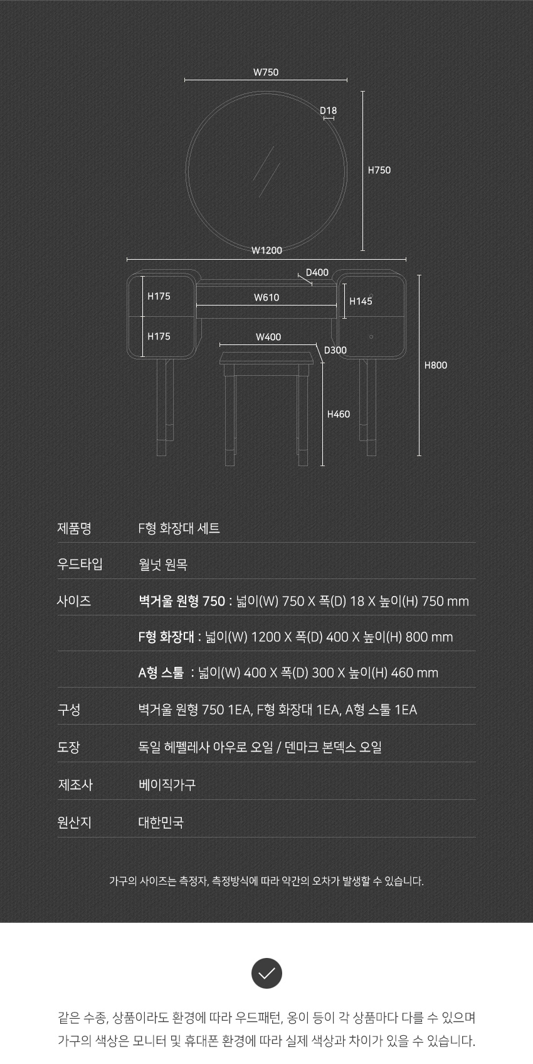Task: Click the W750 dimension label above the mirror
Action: point(266,72)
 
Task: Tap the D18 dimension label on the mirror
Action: point(328,110)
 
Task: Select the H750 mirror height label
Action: point(379,170)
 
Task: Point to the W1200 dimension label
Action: point(266,250)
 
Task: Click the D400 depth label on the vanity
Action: point(317,272)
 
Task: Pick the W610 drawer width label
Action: point(266,297)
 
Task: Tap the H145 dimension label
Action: point(361,301)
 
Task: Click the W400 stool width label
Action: point(268,337)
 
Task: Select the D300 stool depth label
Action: point(335,350)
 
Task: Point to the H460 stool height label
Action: point(339,414)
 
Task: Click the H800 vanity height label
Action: point(436,365)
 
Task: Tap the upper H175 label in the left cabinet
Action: point(159,296)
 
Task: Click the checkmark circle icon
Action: point(266,973)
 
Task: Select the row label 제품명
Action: point(74,528)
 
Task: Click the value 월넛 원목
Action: point(163,564)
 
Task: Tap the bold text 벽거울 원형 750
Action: point(182,601)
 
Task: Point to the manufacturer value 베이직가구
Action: point(167,784)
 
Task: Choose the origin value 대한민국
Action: point(161,822)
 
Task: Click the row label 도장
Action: point(68,747)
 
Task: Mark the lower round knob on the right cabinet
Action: point(371,337)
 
